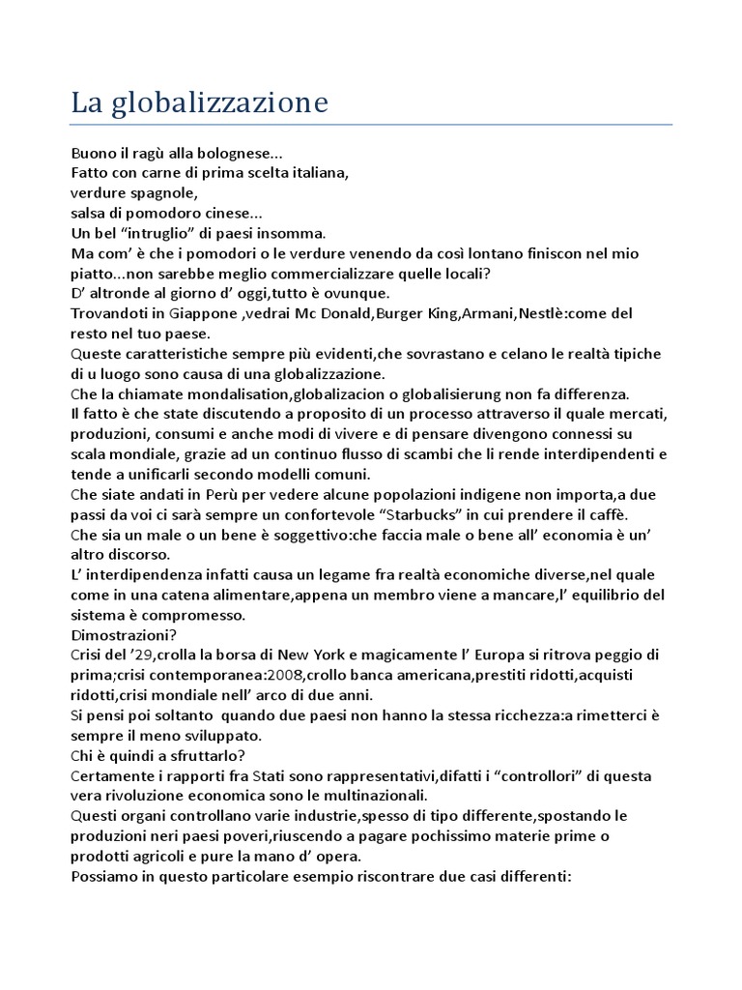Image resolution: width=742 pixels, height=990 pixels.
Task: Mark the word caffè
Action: coord(607,514)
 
